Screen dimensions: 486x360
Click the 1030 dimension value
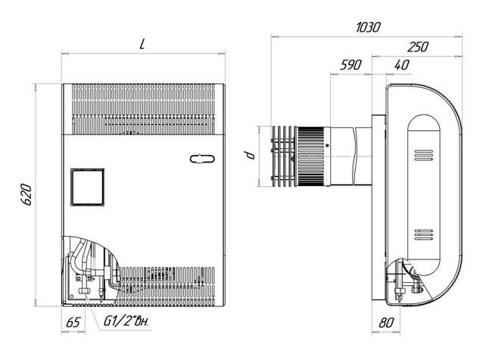(x=368, y=27)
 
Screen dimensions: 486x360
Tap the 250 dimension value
(x=418, y=47)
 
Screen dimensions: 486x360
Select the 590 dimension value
(x=350, y=65)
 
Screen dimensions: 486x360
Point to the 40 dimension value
(x=402, y=65)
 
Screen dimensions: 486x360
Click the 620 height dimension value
(x=26, y=194)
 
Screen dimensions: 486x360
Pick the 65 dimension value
(x=73, y=322)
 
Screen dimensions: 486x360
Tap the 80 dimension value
(x=387, y=323)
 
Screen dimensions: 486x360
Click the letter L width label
(x=142, y=45)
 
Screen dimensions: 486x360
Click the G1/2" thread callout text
(x=126, y=321)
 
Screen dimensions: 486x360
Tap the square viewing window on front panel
(x=87, y=187)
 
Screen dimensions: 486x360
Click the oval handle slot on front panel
(x=202, y=159)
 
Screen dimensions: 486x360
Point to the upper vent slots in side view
(x=424, y=155)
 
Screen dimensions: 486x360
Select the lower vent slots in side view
(x=424, y=234)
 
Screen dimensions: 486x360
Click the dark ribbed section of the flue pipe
(x=311, y=157)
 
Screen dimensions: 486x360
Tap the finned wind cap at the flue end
(x=284, y=157)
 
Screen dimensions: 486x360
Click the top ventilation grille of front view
(x=143, y=109)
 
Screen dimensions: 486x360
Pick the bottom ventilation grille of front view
(x=167, y=285)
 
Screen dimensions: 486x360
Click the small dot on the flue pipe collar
(x=328, y=145)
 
